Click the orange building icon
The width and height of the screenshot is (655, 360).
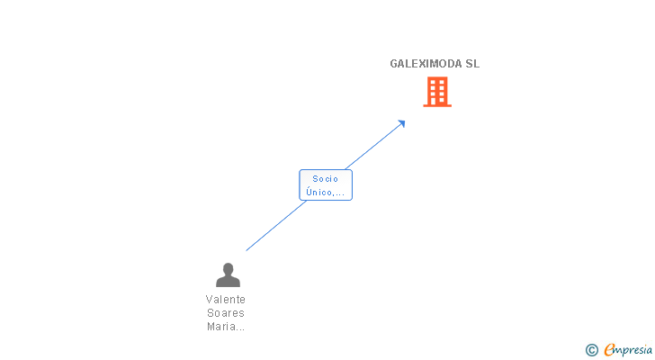(437, 91)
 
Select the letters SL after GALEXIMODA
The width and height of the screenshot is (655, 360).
(472, 64)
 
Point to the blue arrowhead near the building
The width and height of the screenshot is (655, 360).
(401, 123)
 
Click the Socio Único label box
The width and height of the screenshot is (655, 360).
(325, 184)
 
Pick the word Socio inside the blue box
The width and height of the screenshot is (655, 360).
(325, 178)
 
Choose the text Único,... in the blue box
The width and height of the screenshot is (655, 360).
(325, 192)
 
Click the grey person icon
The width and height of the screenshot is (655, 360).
(228, 274)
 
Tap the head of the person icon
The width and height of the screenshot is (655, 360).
(228, 268)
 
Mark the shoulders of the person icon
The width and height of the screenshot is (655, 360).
(228, 282)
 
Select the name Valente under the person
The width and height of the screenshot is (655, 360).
(225, 300)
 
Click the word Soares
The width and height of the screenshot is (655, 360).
(225, 313)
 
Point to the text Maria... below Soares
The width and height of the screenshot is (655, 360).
(225, 327)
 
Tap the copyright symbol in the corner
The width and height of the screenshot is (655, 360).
(591, 350)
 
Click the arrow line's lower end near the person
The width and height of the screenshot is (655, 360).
(248, 248)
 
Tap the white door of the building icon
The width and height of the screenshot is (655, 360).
(437, 101)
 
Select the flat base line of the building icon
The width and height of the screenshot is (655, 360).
(437, 106)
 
